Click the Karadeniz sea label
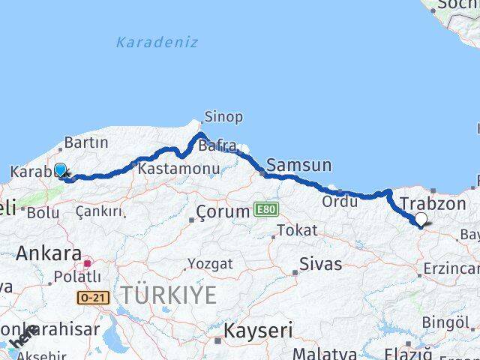pos(157,43)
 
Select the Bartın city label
pos(86,142)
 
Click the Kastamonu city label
pos(178,169)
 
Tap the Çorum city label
pos(223,212)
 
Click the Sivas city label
pos(320,264)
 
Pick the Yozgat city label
pos(210,264)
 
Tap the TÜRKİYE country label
pos(169,295)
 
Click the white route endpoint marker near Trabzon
pos(421,219)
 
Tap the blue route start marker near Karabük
pos(60,170)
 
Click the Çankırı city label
pos(98,212)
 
